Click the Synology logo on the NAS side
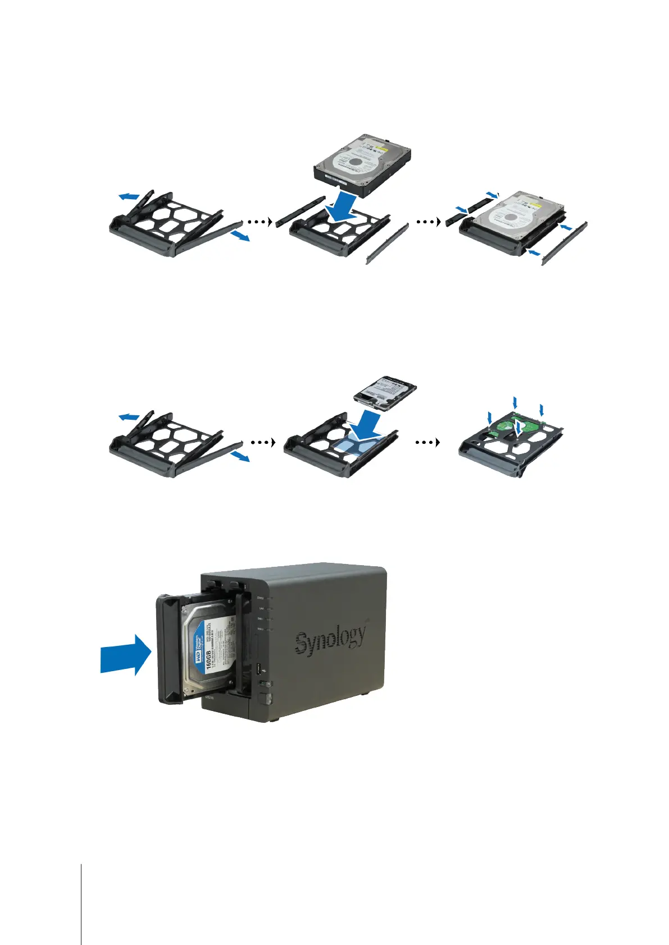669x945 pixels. coord(331,640)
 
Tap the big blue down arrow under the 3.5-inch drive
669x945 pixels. coord(339,208)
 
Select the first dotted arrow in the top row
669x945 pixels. coord(257,221)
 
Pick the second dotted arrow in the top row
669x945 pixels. coord(427,221)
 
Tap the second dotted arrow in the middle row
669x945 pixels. coord(427,442)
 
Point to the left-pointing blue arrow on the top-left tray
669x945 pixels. coord(129,196)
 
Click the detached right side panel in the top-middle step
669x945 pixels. coord(387,244)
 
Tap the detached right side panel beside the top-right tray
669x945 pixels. coord(563,245)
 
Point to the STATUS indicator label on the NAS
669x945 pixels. coord(260,598)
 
